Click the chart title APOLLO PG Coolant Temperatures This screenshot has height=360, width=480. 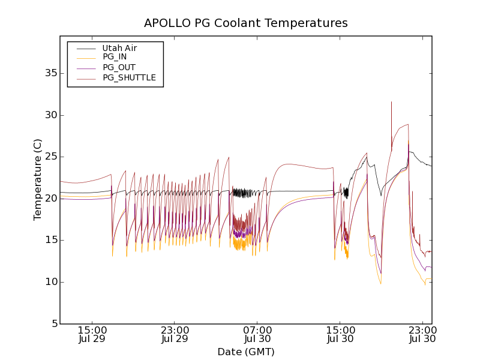pos(245,23)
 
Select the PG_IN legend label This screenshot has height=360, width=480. pos(115,57)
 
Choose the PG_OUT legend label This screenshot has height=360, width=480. pos(119,67)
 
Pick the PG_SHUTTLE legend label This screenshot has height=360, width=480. pos(129,77)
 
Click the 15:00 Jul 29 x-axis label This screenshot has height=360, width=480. pos(92,334)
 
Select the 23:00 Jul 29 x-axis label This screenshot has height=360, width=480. pos(175,334)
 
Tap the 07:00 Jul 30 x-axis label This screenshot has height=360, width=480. pos(258,334)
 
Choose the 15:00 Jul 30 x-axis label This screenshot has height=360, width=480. pos(340,334)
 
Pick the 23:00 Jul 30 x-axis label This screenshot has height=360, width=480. pos(423,334)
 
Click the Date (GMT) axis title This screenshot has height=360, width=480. pos(245,352)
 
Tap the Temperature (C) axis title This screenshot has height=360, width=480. pos(38,180)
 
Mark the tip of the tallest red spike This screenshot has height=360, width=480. pos(391,102)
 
